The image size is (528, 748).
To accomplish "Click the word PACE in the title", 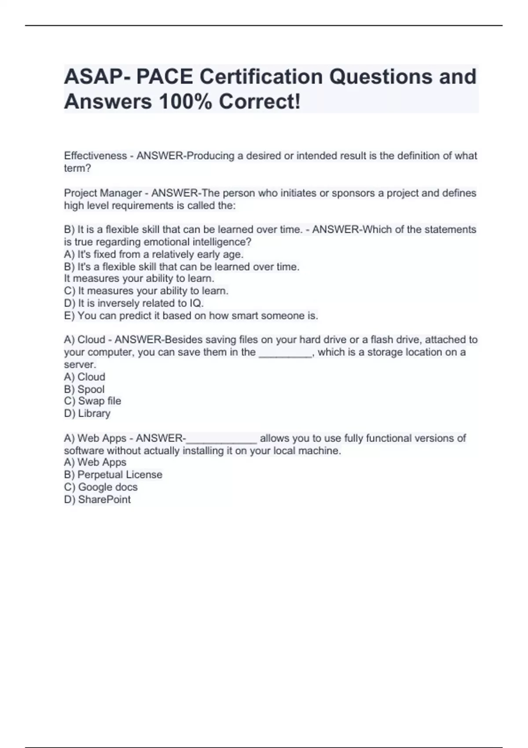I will coord(164,77).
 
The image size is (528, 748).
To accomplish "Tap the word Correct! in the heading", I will coord(260,102).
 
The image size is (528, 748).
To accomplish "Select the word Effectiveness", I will coord(95,156).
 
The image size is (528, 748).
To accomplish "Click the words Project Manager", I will coord(103,193).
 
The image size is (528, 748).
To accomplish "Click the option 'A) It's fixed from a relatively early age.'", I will coord(154,254).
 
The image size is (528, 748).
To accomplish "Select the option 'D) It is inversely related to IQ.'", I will coord(134,303).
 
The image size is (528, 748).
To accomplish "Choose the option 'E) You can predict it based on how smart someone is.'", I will coord(191,315).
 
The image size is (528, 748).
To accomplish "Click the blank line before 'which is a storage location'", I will coord(285,352).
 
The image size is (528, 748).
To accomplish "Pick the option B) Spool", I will coord(84,389).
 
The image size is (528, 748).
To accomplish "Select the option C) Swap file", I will coord(92,401).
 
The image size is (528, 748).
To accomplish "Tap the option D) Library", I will coord(87,413).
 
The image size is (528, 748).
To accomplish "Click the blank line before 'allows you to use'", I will coord(221,439).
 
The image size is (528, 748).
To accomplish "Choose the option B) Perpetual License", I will coord(113,475).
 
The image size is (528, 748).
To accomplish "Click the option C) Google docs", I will coord(101,487).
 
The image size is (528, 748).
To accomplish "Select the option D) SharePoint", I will coord(97,499).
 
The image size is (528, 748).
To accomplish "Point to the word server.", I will coord(80,365).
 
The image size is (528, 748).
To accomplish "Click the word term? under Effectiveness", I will coord(77,168).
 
